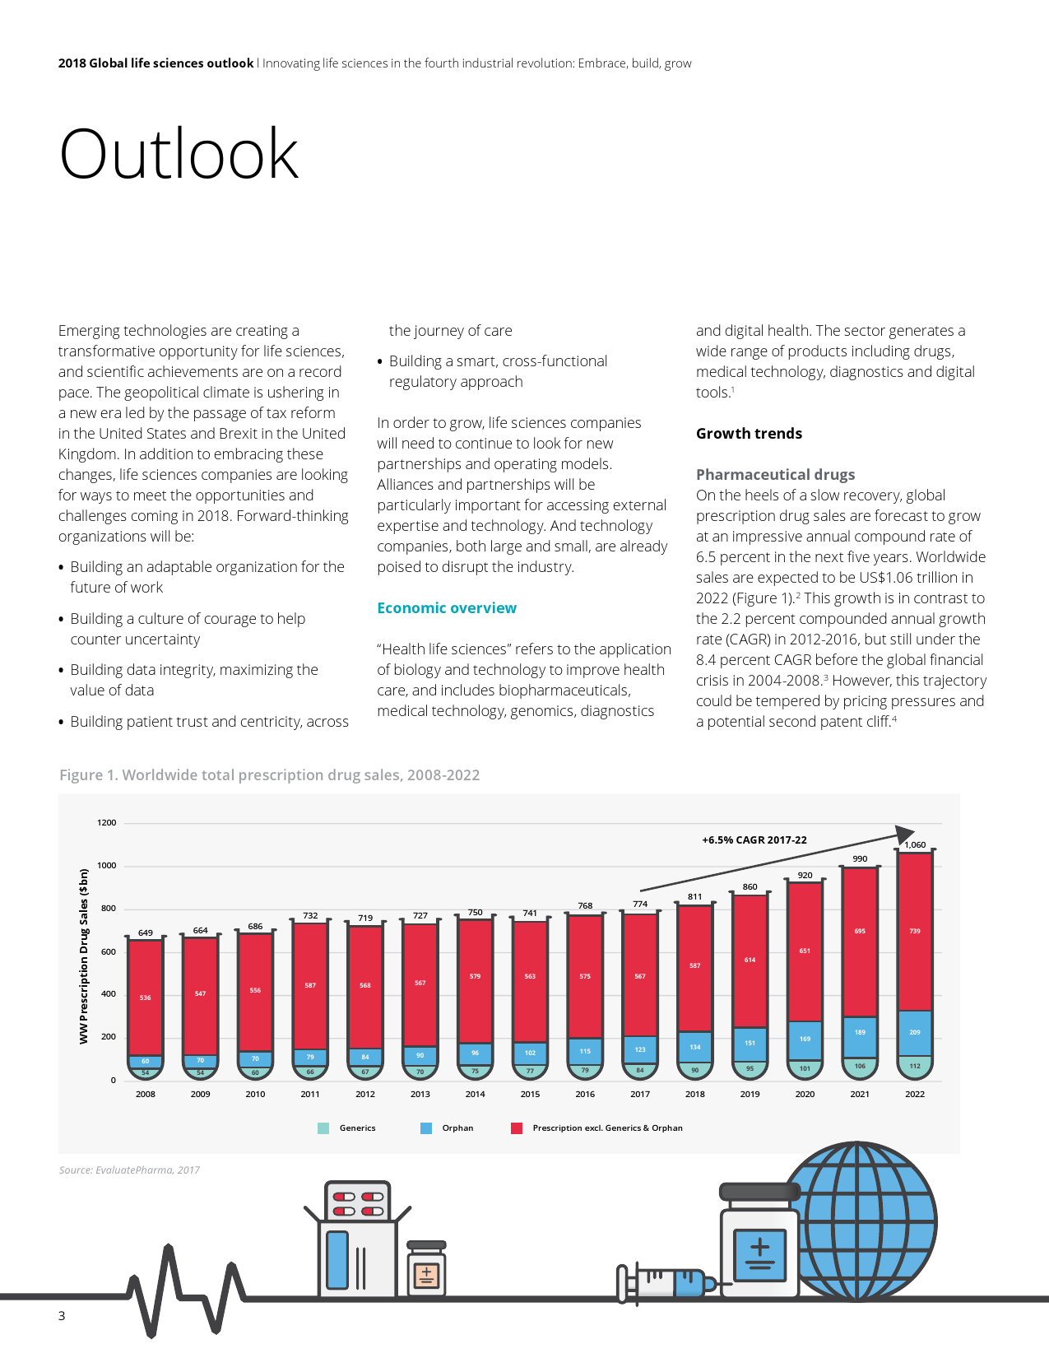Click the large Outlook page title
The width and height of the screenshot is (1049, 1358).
(179, 154)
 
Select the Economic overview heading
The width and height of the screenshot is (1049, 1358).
(447, 608)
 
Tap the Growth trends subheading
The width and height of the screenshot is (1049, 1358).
(749, 434)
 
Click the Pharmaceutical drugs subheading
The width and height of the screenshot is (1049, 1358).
(775, 475)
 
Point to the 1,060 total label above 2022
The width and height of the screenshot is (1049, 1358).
(915, 844)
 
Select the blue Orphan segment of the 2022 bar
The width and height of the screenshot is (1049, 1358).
(915, 1032)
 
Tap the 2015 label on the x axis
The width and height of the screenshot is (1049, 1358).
(530, 1094)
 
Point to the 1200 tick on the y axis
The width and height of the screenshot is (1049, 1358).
(107, 823)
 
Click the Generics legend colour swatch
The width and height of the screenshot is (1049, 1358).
(323, 1128)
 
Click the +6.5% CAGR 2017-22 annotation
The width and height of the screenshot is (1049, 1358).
(754, 840)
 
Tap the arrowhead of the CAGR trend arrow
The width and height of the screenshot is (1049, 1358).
(905, 834)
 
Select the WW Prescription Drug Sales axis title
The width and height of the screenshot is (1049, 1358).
(83, 956)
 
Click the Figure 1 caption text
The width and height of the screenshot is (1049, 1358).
(269, 775)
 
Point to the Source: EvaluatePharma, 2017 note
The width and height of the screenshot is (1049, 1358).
(129, 1170)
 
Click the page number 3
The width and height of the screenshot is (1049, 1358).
(62, 1316)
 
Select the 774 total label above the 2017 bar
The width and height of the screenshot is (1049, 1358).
(640, 904)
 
